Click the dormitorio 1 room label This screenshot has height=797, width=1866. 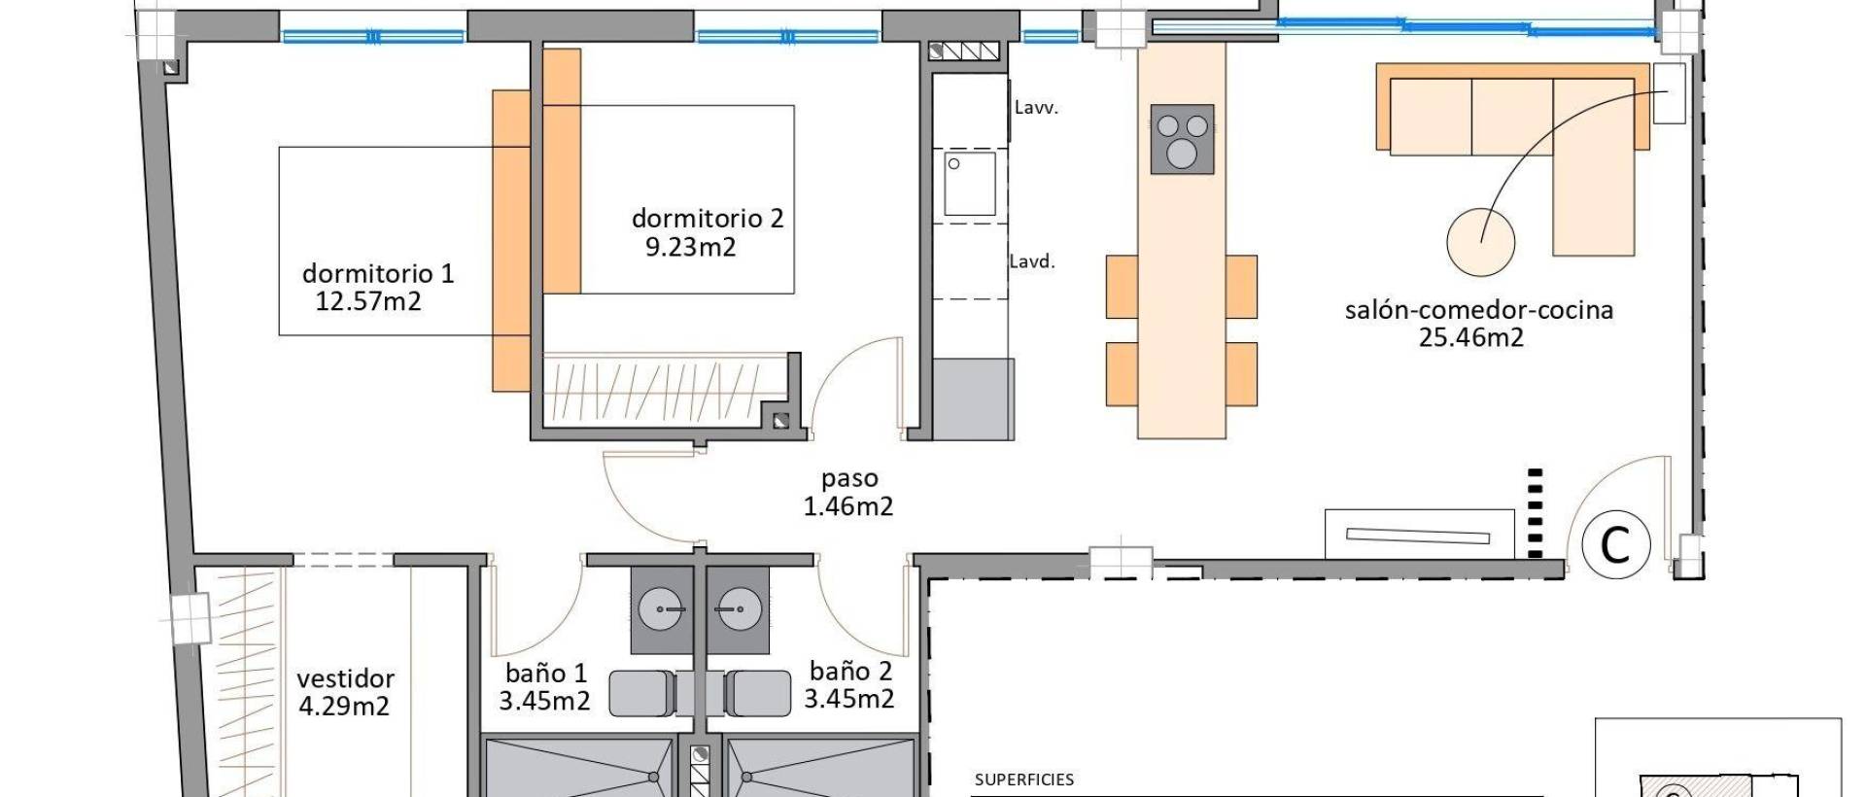pyautogui.click(x=377, y=273)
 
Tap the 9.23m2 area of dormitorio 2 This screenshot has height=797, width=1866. pyautogui.click(x=690, y=247)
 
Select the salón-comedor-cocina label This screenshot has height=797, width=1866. pyautogui.click(x=1477, y=310)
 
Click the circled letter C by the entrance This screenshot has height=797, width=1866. pyautogui.click(x=1615, y=545)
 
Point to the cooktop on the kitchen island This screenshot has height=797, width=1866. pyautogui.click(x=1182, y=139)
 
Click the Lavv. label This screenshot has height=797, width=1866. pyautogui.click(x=1035, y=108)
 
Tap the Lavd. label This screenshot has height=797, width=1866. pyautogui.click(x=1031, y=261)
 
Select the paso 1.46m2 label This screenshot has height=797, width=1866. pyautogui.click(x=848, y=492)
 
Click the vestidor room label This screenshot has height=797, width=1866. pyautogui.click(x=345, y=678)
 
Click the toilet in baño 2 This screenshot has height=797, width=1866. pyautogui.click(x=758, y=693)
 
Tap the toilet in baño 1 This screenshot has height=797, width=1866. pyautogui.click(x=641, y=693)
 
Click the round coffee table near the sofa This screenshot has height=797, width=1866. pyautogui.click(x=1479, y=242)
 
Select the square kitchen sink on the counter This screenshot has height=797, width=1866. pyautogui.click(x=969, y=183)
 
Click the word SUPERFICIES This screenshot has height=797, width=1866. pyautogui.click(x=1023, y=780)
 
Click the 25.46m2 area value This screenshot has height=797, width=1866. pyautogui.click(x=1470, y=338)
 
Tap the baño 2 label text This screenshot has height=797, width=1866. pyautogui.click(x=850, y=672)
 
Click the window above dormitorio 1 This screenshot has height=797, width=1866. pyautogui.click(x=373, y=37)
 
